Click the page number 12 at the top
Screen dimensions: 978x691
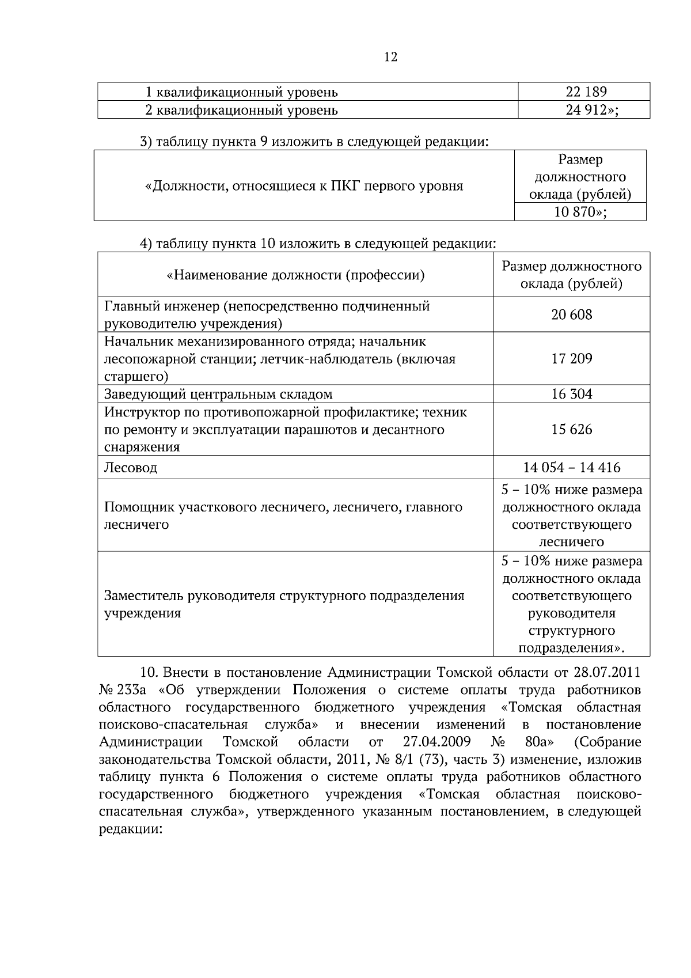click(390, 57)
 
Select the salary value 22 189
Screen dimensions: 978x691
click(586, 92)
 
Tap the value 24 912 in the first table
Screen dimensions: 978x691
click(586, 110)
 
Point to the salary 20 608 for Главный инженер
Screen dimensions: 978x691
click(571, 314)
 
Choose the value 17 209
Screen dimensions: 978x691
click(571, 359)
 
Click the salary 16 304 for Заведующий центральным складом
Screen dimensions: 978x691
click(571, 395)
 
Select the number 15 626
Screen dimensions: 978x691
click(571, 430)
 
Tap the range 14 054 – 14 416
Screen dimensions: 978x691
click(571, 468)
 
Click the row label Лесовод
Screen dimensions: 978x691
click(130, 468)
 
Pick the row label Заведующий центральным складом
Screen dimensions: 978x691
click(218, 395)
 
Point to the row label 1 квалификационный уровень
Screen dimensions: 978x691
click(241, 92)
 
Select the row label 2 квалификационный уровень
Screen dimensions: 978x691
click(241, 110)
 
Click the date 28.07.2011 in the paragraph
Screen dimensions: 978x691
click(607, 673)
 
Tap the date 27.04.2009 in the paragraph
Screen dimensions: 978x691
click(436, 741)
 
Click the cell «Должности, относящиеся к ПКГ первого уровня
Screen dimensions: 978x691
click(304, 186)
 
